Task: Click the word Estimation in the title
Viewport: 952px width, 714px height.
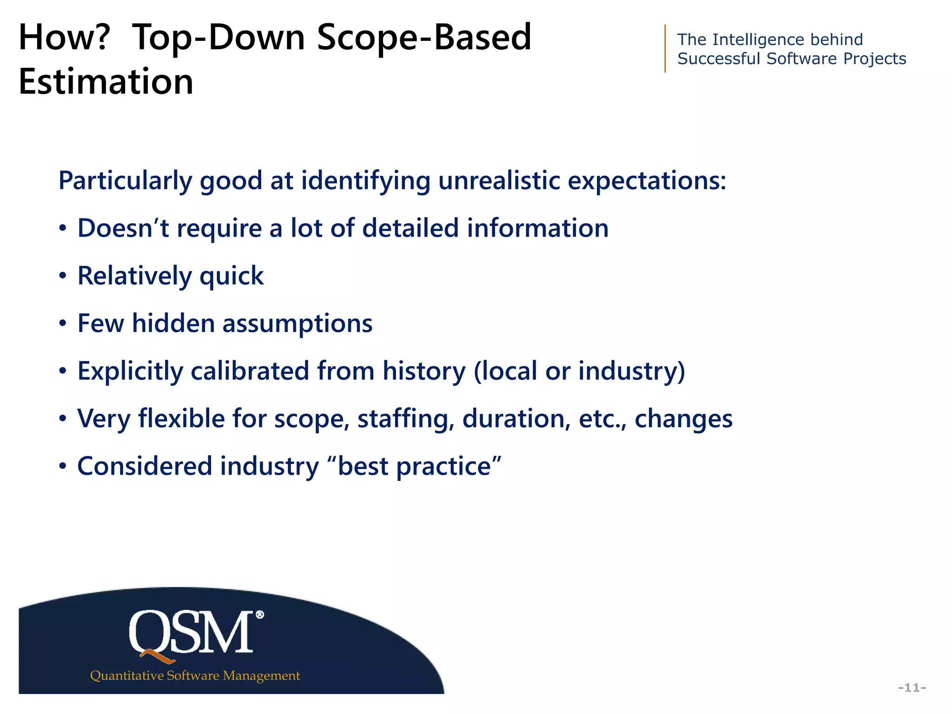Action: (x=106, y=82)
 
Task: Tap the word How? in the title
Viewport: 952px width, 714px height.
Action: (x=64, y=37)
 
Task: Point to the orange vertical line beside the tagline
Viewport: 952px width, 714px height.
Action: (x=665, y=49)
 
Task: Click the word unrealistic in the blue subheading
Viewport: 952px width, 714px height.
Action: (x=499, y=180)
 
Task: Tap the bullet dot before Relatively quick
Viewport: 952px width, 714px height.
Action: (x=63, y=276)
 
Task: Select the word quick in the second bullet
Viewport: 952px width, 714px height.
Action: (x=231, y=276)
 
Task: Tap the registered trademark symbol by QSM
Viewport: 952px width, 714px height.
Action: (x=260, y=615)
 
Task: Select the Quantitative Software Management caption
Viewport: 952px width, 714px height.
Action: (x=195, y=675)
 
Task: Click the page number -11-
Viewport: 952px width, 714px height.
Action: (x=912, y=688)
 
